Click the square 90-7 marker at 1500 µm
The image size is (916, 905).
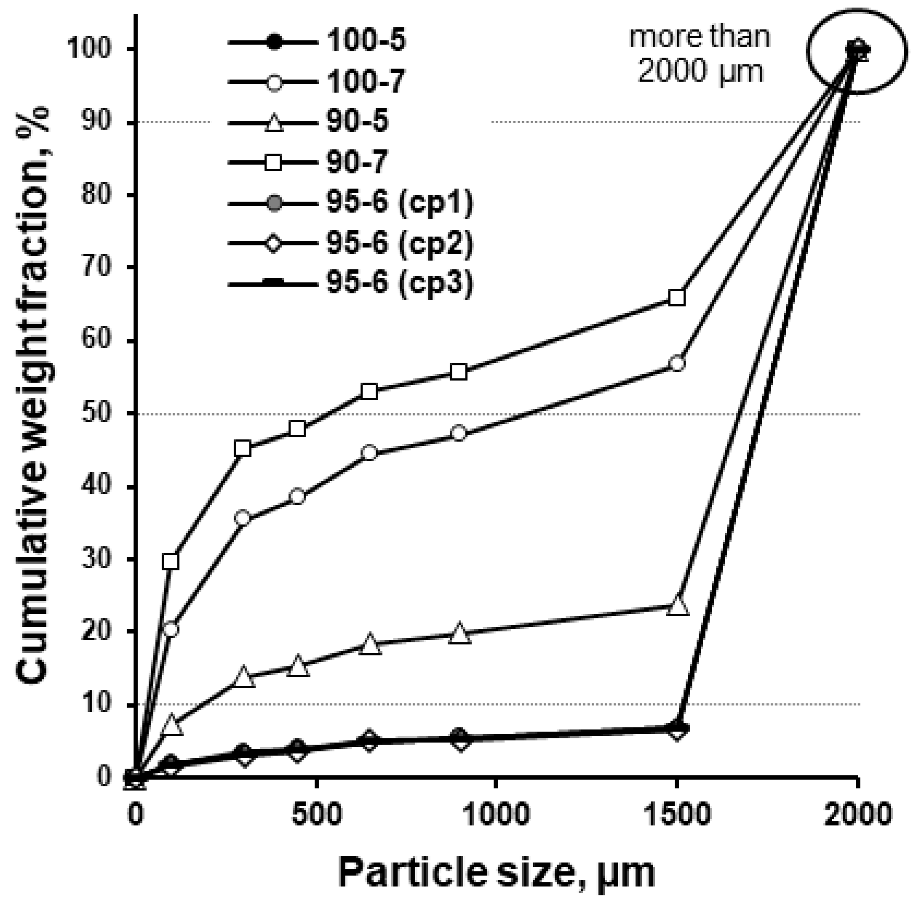tap(676, 298)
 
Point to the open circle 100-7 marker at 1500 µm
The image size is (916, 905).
tap(676, 364)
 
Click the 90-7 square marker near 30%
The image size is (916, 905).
tap(171, 562)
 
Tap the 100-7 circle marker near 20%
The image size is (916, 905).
tap(171, 629)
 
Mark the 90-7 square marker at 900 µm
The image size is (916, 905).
tap(459, 372)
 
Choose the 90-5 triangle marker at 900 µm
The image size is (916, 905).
tap(459, 634)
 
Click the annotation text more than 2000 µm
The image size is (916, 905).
tap(701, 55)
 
